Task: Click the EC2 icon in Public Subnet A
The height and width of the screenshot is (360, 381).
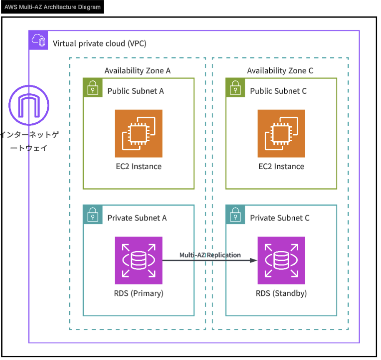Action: (x=138, y=133)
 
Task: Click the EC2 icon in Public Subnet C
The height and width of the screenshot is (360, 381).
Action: (x=281, y=133)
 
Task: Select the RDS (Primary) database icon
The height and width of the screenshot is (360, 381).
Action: (x=138, y=260)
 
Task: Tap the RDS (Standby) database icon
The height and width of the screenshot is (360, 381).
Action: (x=281, y=260)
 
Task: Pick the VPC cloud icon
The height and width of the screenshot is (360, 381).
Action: (x=38, y=40)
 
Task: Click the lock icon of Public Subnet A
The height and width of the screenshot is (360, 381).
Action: (x=92, y=88)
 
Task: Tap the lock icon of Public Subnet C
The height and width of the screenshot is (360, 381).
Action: (x=235, y=88)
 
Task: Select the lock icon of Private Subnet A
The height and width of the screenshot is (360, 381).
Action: (x=92, y=215)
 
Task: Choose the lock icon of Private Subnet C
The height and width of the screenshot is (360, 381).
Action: (x=235, y=215)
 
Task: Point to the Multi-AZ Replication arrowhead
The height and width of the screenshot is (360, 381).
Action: (x=253, y=260)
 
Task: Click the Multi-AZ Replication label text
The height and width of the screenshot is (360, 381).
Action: (x=210, y=255)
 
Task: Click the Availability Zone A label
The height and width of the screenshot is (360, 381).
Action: (x=138, y=70)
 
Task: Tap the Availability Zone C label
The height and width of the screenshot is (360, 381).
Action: (x=280, y=70)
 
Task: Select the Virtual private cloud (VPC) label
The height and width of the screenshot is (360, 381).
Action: (x=100, y=43)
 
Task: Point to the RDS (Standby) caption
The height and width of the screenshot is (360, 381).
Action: (x=281, y=293)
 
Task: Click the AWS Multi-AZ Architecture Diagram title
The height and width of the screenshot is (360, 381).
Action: (x=53, y=7)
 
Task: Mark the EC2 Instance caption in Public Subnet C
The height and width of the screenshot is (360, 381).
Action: (x=281, y=167)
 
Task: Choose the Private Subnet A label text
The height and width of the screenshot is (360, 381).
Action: (x=137, y=218)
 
